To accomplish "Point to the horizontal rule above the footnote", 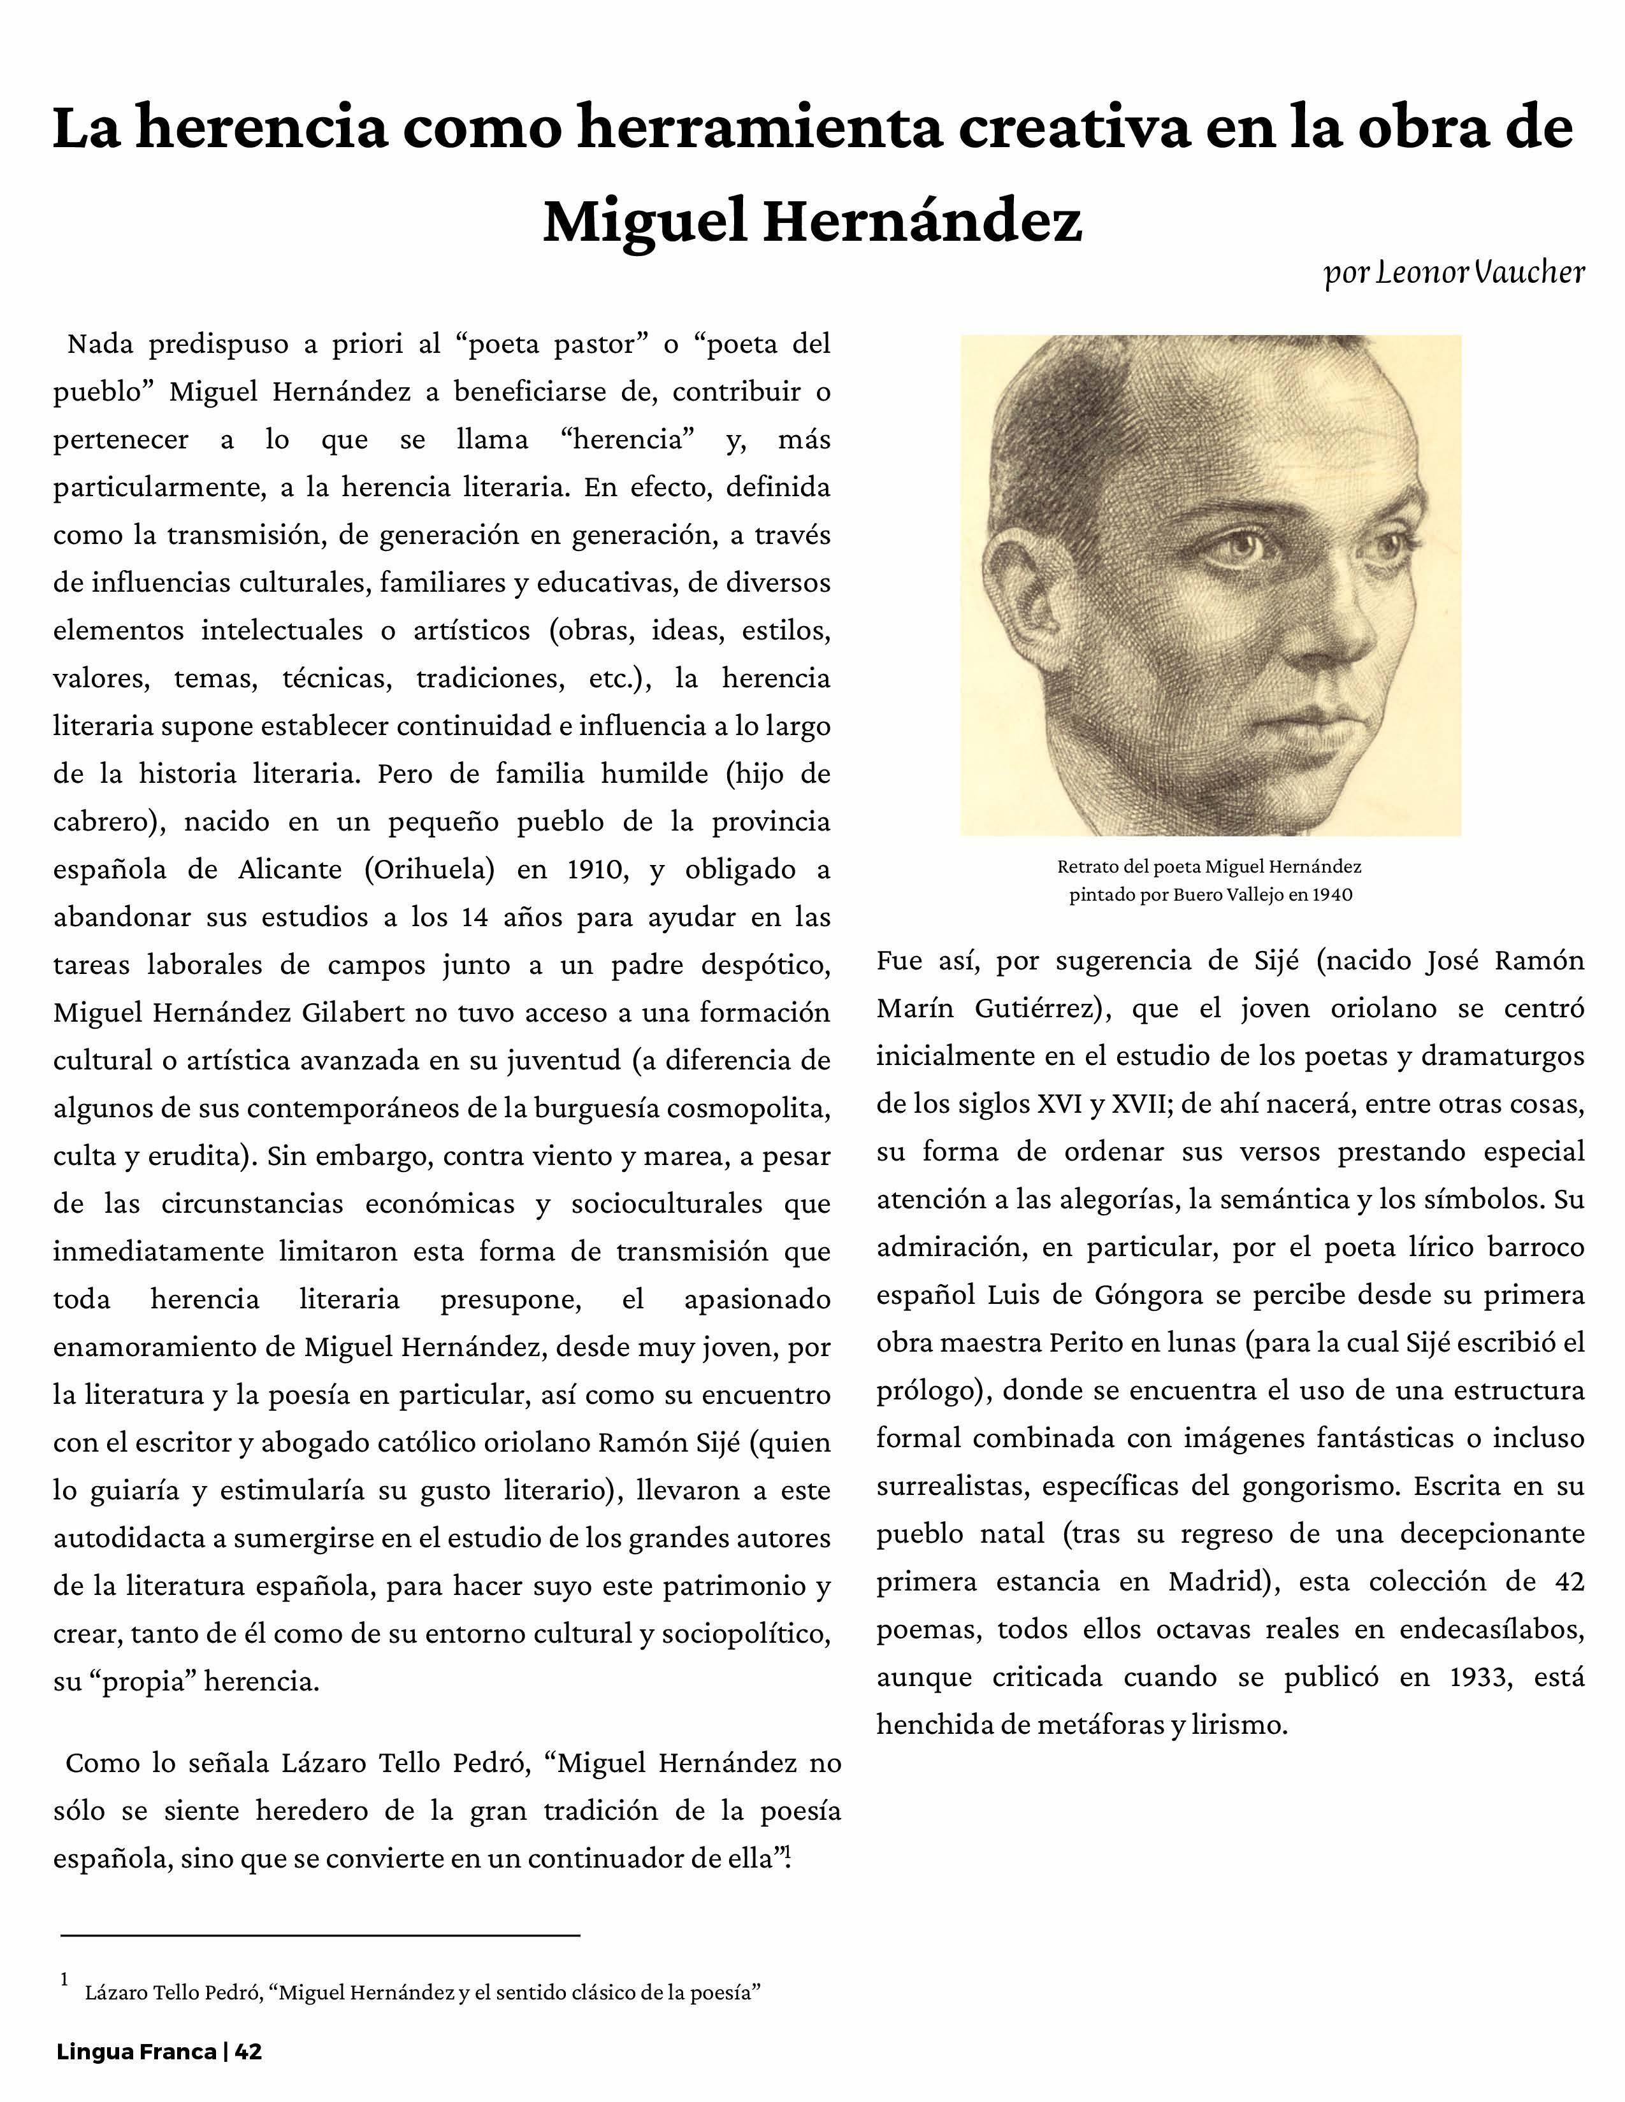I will point(320,1934).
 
